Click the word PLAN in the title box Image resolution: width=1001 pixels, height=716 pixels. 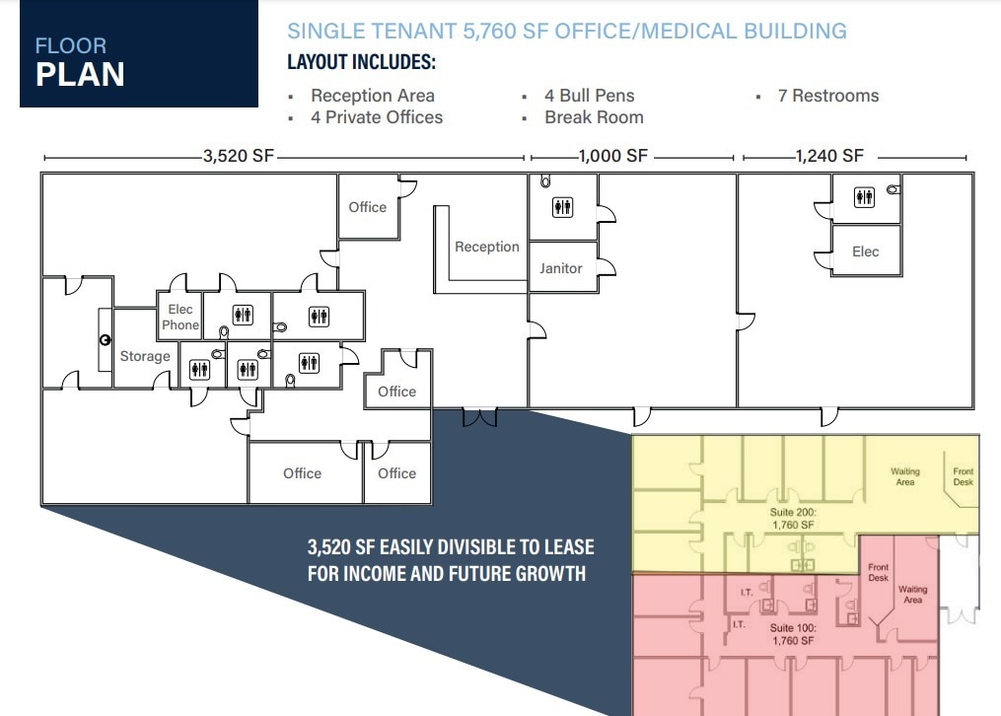point(80,74)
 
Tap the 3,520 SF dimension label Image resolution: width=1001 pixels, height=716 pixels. point(238,156)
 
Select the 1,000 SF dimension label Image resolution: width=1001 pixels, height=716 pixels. point(612,156)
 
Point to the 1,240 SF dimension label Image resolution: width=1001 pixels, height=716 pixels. point(829,156)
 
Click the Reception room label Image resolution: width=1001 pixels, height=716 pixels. point(487,247)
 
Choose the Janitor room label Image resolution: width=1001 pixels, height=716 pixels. point(560,268)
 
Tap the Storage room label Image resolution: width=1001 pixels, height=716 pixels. point(145,356)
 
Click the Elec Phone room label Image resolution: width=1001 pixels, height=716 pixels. point(180,318)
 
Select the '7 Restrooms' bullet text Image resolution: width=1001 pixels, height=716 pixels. point(828,96)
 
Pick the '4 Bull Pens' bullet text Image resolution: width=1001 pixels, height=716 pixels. point(589,96)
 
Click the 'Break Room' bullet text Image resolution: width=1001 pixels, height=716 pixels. point(594,117)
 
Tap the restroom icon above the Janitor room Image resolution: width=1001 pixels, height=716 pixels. point(562,207)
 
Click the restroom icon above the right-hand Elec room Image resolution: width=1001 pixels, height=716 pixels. point(864,197)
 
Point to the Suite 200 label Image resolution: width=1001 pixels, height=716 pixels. point(793,518)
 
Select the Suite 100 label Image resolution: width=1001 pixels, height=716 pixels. point(793,634)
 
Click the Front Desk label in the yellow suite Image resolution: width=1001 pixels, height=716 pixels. point(964,476)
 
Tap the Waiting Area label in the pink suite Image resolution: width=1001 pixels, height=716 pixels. point(913,594)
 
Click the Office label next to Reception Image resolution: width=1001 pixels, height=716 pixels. point(367,207)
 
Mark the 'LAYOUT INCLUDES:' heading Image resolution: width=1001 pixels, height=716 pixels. point(361,62)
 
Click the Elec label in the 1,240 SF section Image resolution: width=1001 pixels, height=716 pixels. point(866,252)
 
